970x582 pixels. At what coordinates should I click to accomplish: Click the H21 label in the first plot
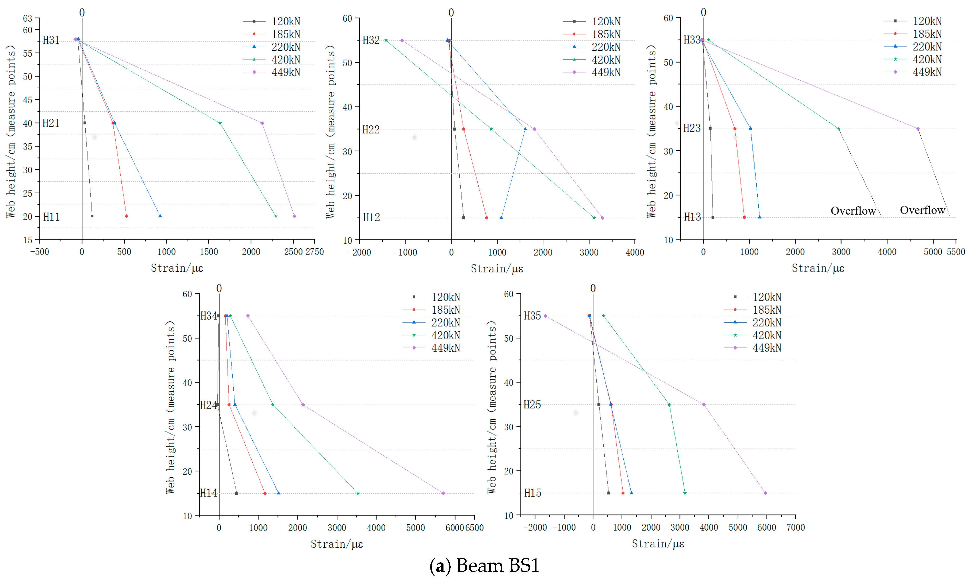click(51, 123)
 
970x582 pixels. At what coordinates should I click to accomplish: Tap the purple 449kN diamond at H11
click(294, 216)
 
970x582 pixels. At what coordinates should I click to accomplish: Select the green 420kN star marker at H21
click(220, 123)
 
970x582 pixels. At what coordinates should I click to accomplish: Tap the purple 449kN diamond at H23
click(918, 129)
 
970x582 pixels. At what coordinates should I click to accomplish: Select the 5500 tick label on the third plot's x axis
click(956, 252)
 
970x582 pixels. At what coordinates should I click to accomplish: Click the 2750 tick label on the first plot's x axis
click(314, 252)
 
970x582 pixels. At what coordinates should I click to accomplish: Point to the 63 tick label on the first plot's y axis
click(27, 18)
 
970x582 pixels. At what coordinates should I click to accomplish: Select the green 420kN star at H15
click(685, 493)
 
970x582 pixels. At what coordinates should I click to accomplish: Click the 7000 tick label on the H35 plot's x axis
click(795, 527)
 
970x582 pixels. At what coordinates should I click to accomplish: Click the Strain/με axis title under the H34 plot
click(337, 544)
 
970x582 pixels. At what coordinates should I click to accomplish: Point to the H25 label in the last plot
click(532, 405)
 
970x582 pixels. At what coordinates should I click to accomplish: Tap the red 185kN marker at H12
click(487, 218)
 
